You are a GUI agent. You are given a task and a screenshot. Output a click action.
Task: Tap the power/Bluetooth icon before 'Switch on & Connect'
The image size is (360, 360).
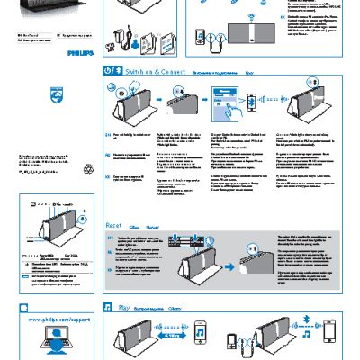[x=112, y=69]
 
